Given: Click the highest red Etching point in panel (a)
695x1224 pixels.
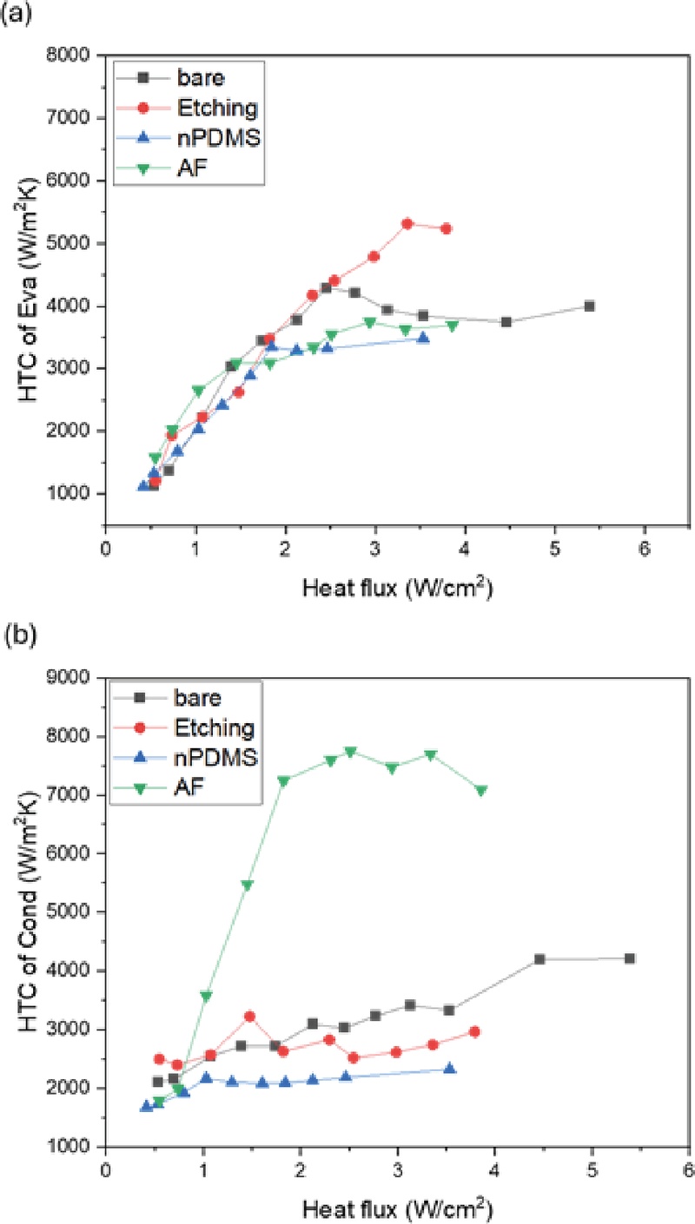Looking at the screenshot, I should tap(407, 224).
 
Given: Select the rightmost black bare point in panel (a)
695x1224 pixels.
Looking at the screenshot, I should tap(590, 306).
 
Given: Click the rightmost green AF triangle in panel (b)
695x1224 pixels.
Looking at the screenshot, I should tap(481, 791).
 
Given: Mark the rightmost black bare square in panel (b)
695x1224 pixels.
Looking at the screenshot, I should tap(631, 958).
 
